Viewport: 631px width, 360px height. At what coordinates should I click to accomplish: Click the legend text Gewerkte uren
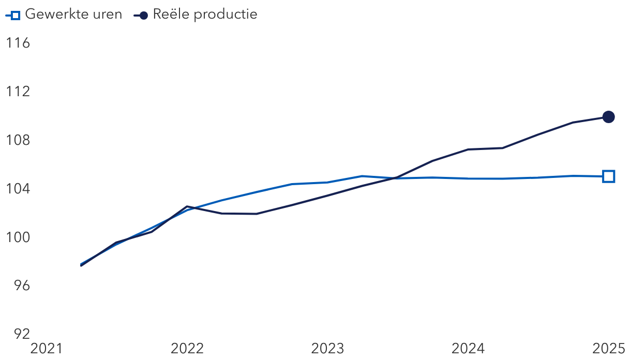coord(73,14)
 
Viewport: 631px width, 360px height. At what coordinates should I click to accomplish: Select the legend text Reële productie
coord(205,14)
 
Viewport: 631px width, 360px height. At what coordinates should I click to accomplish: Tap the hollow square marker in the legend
coord(16,16)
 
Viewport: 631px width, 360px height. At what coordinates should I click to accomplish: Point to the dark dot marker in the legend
coord(144,16)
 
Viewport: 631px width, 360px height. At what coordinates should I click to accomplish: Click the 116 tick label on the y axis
coord(18,43)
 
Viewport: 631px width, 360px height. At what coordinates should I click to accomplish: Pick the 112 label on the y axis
coord(18,92)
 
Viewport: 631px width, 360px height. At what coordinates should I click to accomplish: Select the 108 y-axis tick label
coord(18,140)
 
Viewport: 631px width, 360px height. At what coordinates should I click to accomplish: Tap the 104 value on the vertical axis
coord(18,188)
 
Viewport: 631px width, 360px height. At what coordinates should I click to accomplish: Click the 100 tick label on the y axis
coord(18,237)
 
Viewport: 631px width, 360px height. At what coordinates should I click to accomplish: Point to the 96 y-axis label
coord(22,286)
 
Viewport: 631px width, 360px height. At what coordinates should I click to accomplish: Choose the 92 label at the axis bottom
coord(22,334)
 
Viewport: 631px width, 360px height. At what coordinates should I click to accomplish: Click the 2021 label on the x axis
coord(46,349)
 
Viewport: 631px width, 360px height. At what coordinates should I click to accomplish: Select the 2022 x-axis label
coord(187,349)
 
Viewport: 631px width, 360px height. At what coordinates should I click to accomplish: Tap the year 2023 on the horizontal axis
coord(327,349)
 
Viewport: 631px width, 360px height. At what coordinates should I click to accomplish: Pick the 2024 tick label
coord(468,349)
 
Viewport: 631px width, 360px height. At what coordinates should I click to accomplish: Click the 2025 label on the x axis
coord(608,349)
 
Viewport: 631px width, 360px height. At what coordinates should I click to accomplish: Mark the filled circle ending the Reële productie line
coord(608,117)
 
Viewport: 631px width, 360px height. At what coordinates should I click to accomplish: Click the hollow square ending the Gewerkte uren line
coord(608,176)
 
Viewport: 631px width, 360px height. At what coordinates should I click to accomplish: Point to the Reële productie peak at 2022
coord(187,206)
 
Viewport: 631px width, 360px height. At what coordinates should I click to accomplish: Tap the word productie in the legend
coord(226,14)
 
